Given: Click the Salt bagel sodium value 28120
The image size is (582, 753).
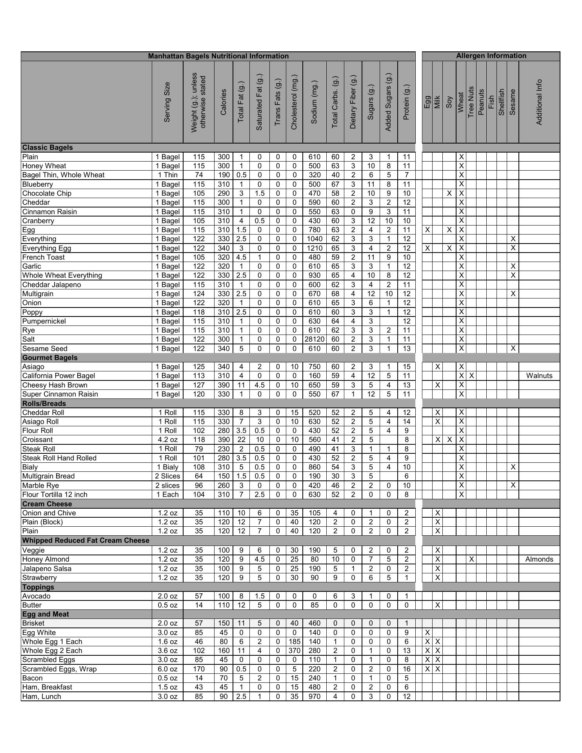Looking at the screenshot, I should pyautogui.click(x=314, y=339).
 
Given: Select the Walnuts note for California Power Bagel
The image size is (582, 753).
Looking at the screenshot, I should pyautogui.click(x=539, y=376).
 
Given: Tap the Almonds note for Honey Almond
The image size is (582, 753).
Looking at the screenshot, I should pyautogui.click(x=539, y=559).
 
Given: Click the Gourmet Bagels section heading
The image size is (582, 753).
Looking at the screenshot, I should pyautogui.click(x=50, y=358).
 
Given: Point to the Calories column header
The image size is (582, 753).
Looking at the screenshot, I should pyautogui.click(x=224, y=102).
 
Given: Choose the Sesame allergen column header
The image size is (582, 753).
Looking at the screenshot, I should pyautogui.click(x=512, y=102).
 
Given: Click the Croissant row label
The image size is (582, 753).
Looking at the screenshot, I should pyautogui.click(x=37, y=440).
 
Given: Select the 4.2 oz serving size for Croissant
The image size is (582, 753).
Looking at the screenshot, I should pyautogui.click(x=167, y=440).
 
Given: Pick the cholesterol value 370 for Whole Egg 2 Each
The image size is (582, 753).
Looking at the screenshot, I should pyautogui.click(x=294, y=651).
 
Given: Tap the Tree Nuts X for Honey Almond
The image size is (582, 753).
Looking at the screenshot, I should pyautogui.click(x=471, y=559).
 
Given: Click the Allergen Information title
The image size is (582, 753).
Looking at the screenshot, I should pyautogui.click(x=491, y=56).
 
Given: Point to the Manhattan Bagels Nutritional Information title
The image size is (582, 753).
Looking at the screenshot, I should pyautogui.click(x=218, y=56).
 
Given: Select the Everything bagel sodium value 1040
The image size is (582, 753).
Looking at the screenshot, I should pyautogui.click(x=314, y=239).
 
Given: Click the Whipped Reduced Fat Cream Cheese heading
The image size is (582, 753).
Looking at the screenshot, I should pyautogui.click(x=85, y=540).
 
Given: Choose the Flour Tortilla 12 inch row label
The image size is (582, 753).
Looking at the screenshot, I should pyautogui.click(x=55, y=495).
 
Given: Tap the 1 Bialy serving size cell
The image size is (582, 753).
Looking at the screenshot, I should pyautogui.click(x=167, y=467).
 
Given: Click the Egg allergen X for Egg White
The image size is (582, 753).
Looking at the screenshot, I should pyautogui.click(x=427, y=633).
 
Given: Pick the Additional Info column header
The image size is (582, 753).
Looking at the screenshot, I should pyautogui.click(x=539, y=102).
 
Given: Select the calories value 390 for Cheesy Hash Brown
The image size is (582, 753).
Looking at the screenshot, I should pyautogui.click(x=224, y=385).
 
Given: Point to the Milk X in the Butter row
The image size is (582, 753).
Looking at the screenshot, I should pyautogui.click(x=437, y=605).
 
